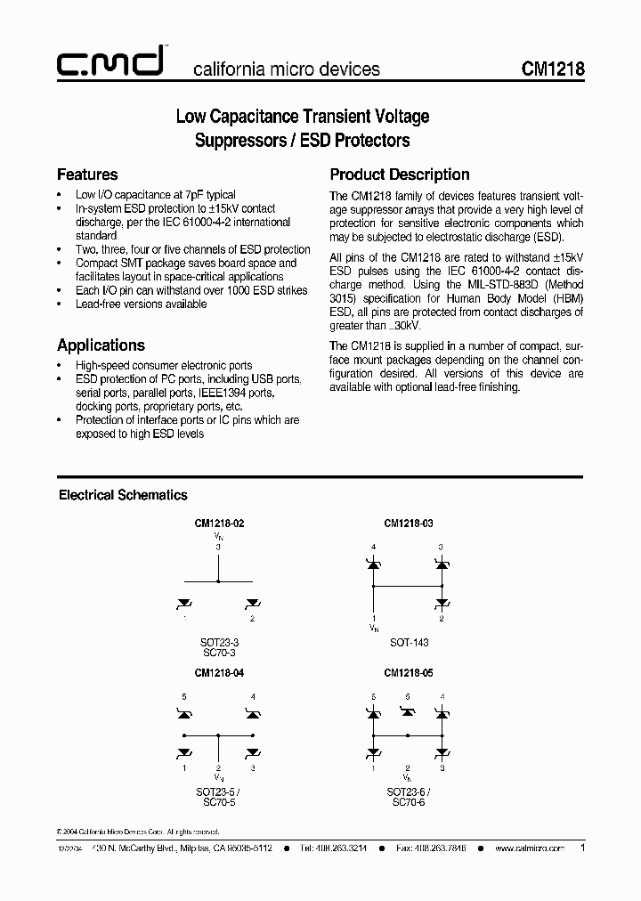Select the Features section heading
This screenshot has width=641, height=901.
coord(87,175)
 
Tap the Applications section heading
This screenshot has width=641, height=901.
coord(101,345)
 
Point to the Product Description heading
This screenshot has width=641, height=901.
coord(400,175)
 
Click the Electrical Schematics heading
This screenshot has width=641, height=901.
coord(123,495)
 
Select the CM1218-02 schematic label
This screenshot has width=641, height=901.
coord(218,524)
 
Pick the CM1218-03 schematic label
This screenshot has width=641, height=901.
coord(408,524)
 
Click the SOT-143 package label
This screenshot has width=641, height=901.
coord(408,641)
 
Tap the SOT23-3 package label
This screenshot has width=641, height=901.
coord(218,641)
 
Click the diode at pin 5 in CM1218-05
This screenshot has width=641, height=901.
coord(408,712)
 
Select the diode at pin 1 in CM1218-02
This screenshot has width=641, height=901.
coord(185,603)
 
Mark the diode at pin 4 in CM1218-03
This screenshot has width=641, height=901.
coord(374,564)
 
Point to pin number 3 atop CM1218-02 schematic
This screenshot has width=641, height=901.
coord(218,547)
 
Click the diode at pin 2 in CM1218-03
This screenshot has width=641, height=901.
coord(442,603)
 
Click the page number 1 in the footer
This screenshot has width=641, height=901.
coord(582,848)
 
